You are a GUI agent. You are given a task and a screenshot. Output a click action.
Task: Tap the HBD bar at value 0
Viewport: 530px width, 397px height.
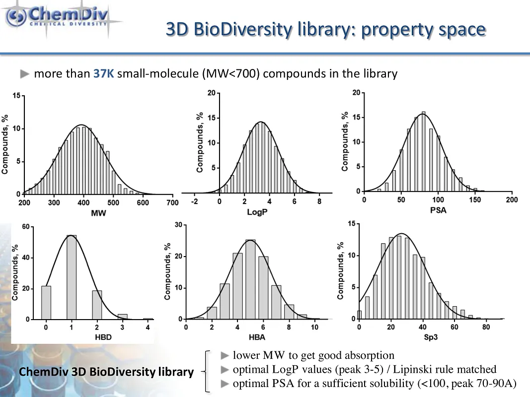[x=46, y=302]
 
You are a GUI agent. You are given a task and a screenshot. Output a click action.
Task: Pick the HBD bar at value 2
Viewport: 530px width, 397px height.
[x=97, y=305]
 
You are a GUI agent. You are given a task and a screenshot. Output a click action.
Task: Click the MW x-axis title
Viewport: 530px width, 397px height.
[x=98, y=213]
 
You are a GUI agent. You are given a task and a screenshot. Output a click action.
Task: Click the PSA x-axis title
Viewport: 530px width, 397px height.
[x=438, y=210]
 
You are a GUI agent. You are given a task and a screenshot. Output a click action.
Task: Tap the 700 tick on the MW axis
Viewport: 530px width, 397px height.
[x=172, y=203]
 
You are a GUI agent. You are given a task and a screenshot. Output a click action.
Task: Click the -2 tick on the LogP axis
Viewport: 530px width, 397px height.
[x=194, y=201]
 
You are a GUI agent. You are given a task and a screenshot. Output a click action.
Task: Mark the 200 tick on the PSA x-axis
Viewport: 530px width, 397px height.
[x=512, y=199]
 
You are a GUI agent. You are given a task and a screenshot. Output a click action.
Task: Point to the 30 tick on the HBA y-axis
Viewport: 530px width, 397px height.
[x=177, y=225]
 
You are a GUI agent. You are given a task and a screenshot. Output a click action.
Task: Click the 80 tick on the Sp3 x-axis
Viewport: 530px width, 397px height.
[x=486, y=327]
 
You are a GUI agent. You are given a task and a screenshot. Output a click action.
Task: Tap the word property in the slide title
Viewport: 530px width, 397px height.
[x=393, y=30]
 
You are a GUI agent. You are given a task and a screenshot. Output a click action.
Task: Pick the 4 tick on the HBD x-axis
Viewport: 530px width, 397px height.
[x=148, y=328]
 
